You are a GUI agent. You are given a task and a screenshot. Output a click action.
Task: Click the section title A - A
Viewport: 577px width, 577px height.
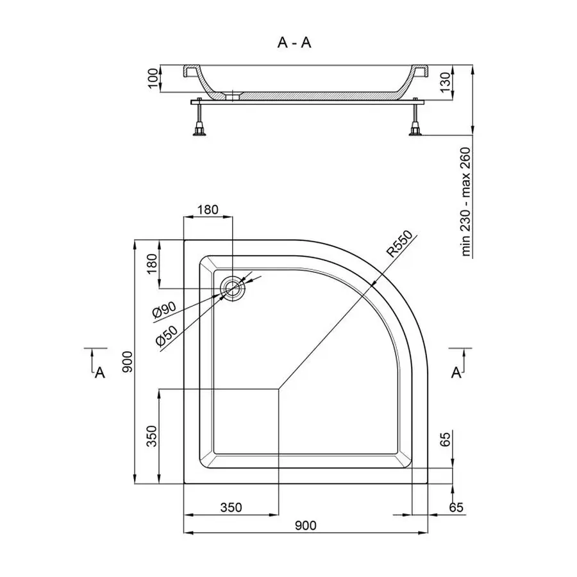(294, 43)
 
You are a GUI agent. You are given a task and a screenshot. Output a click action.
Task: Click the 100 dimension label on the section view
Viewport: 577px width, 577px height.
(153, 78)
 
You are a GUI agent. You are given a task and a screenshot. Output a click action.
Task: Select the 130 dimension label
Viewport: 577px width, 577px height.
(446, 83)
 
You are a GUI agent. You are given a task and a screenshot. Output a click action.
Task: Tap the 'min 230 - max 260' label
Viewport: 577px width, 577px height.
(466, 202)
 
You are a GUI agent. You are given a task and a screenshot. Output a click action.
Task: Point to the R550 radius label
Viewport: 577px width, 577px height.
(399, 244)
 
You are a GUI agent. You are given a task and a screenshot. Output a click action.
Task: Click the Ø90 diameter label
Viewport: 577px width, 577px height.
(164, 310)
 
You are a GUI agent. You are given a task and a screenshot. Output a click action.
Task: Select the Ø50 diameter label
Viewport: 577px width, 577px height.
(167, 337)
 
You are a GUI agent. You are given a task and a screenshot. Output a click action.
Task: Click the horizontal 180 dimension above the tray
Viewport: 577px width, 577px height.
(208, 210)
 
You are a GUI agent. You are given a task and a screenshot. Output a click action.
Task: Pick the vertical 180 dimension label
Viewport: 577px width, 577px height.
(151, 263)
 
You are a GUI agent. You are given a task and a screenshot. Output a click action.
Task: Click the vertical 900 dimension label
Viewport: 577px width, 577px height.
(127, 362)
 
